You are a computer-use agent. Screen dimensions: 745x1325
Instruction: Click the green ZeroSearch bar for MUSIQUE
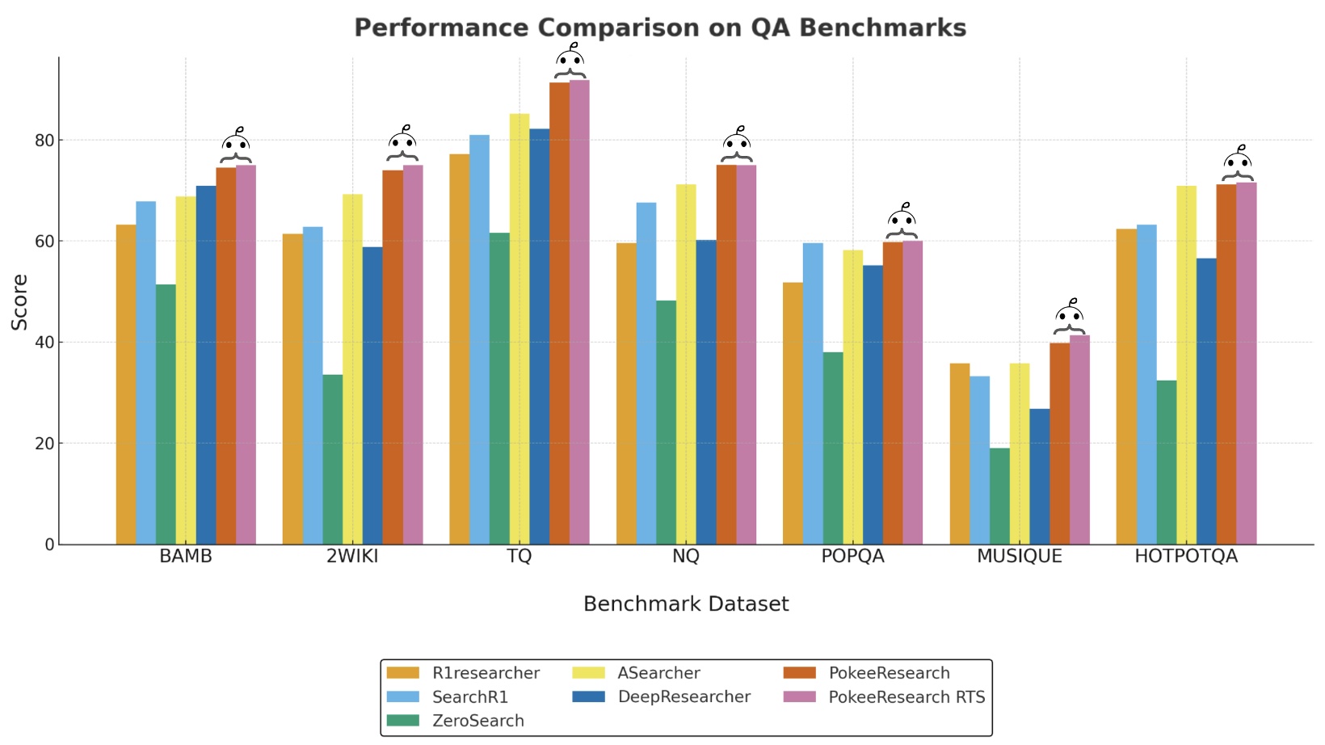click(x=999, y=496)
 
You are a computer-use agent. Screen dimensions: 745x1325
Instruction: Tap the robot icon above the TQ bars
click(x=570, y=61)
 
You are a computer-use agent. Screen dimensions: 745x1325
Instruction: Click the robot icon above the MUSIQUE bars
click(x=1070, y=317)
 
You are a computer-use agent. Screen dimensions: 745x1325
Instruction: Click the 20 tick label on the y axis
click(x=44, y=444)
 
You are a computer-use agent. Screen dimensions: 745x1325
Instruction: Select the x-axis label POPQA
click(x=852, y=557)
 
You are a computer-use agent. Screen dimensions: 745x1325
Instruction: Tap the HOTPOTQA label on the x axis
click(x=1185, y=557)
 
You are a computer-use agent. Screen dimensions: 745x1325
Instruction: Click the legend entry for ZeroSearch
click(x=477, y=721)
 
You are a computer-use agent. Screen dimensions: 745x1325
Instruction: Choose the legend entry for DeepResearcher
click(x=684, y=697)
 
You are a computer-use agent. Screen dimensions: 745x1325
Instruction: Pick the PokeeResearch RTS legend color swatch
click(x=800, y=697)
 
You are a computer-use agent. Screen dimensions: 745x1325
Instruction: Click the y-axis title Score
click(x=19, y=301)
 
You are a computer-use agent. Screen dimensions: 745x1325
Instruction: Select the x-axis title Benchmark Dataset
click(x=686, y=604)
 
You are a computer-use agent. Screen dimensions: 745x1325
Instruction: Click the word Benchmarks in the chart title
click(x=882, y=28)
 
